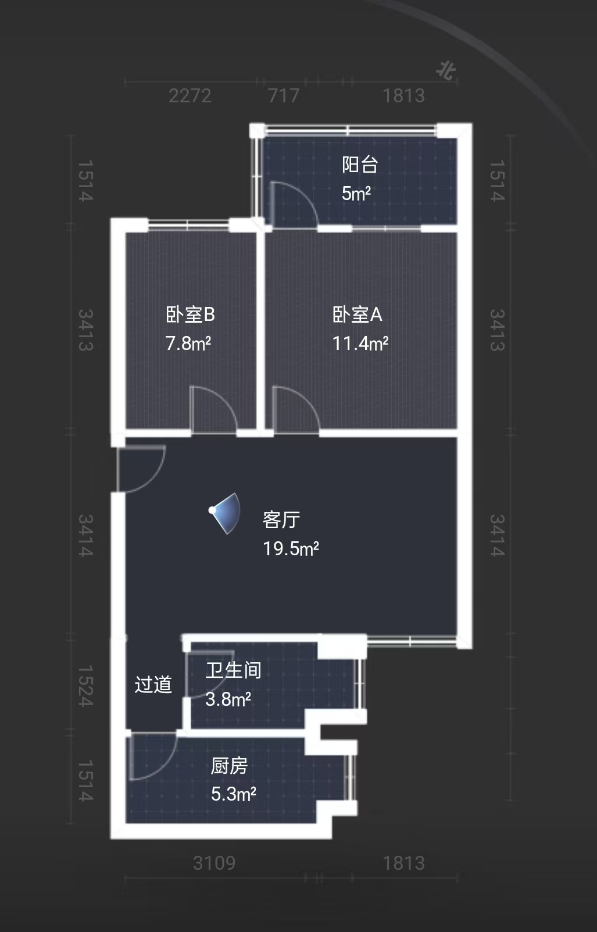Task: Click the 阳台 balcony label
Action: pos(360,165)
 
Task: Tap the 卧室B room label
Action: pos(190,315)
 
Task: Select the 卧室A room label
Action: pos(357,315)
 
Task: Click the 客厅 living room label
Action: pos(281,519)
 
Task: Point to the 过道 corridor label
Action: pos(153,684)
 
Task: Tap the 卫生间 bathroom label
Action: pos(233,670)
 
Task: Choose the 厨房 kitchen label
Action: pos(229,766)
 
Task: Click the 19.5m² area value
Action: pos(291,548)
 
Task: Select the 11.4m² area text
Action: pos(360,344)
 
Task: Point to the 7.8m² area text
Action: pos(188,344)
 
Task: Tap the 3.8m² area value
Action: pos(228,699)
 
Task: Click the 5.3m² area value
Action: pos(233,794)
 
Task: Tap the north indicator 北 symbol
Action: pos(446,71)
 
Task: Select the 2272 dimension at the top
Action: pos(190,95)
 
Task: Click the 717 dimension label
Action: pos(284,95)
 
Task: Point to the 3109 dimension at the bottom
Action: pos(214,863)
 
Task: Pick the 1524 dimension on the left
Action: pos(85,687)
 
